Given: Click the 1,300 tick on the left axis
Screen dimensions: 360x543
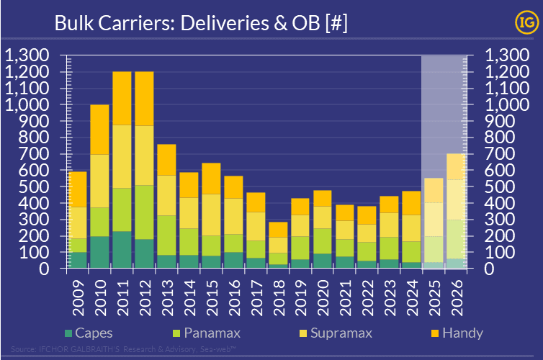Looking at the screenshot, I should point(27,55).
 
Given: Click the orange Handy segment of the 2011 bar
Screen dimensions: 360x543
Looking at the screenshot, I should point(122,98).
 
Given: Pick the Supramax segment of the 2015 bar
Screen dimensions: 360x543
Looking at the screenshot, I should point(210,215).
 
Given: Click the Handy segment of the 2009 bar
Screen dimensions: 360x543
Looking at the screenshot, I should point(77,189).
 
